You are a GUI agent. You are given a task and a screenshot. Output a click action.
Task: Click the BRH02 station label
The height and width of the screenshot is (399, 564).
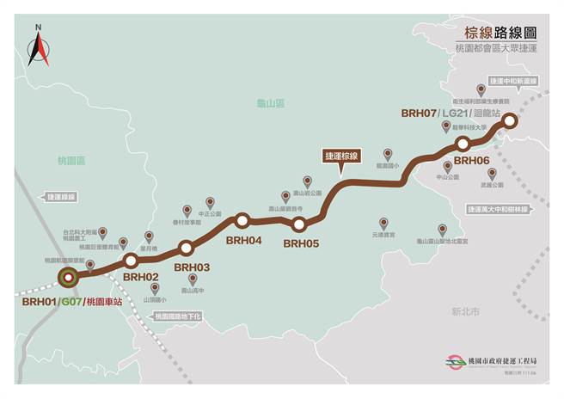[141, 277]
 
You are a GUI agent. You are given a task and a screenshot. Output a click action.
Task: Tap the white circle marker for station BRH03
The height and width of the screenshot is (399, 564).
[186, 249]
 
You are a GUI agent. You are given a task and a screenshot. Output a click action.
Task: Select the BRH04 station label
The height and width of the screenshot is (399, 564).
[243, 241]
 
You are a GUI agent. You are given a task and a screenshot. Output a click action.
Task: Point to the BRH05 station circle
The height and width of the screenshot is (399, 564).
[299, 225]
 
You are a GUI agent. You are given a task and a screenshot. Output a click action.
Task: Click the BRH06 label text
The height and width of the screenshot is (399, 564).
[471, 160]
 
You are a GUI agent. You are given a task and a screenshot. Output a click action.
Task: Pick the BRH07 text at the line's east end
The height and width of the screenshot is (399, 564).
[419, 114]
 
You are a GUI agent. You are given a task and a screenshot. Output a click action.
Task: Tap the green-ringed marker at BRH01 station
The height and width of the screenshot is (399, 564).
[68, 277]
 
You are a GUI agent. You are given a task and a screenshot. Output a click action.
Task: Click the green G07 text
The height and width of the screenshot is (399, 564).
[70, 302]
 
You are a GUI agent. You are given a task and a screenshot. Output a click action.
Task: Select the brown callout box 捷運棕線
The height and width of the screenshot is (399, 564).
[341, 156]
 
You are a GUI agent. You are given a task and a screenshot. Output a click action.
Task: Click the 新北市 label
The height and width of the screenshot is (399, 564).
[465, 312]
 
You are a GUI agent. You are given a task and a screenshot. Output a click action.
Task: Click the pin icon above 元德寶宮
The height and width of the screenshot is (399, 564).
[383, 222]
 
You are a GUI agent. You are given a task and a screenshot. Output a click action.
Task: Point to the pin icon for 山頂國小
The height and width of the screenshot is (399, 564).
[155, 287]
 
